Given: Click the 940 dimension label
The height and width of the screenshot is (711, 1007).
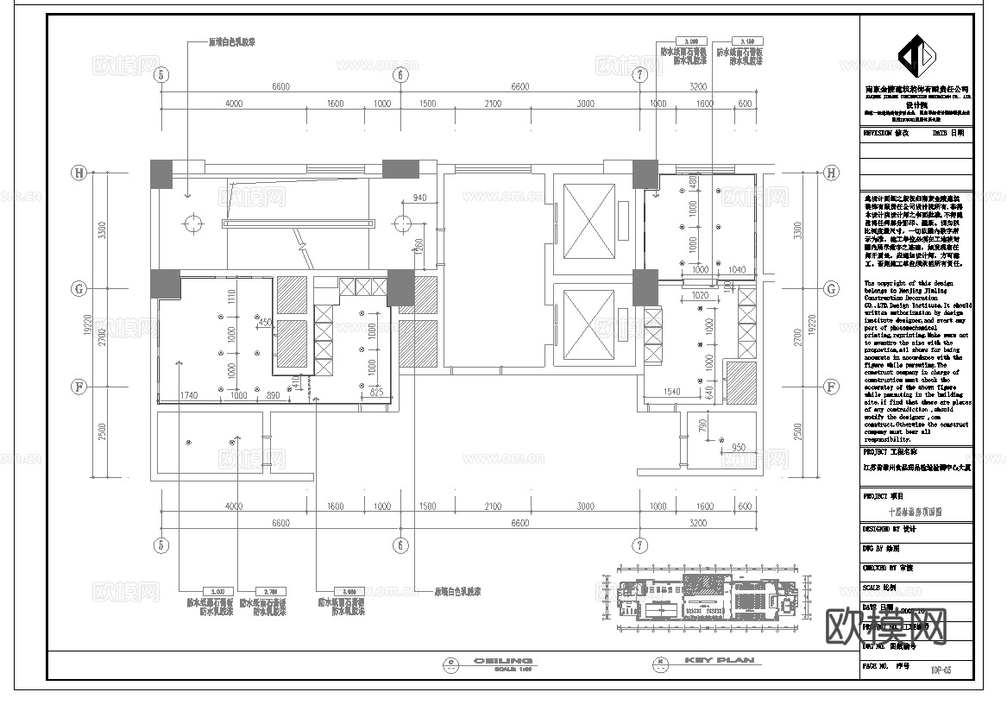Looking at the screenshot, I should (x=419, y=198).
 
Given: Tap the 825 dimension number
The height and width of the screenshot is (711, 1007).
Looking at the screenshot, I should (x=375, y=393).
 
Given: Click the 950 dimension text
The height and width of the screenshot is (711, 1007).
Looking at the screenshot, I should (x=738, y=447).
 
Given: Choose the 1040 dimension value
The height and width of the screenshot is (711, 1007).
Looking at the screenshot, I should (x=736, y=270).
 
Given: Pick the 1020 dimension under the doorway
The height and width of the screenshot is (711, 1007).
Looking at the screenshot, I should (x=701, y=295).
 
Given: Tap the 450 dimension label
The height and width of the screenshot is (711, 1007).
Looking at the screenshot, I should (x=265, y=323).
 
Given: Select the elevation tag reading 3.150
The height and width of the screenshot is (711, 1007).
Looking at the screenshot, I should (x=747, y=41).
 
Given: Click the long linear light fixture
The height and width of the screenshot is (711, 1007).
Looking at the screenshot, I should (x=299, y=223).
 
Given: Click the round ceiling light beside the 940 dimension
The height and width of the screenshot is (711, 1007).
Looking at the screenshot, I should (x=400, y=223).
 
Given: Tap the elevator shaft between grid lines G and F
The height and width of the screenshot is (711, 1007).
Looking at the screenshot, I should (x=586, y=323).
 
